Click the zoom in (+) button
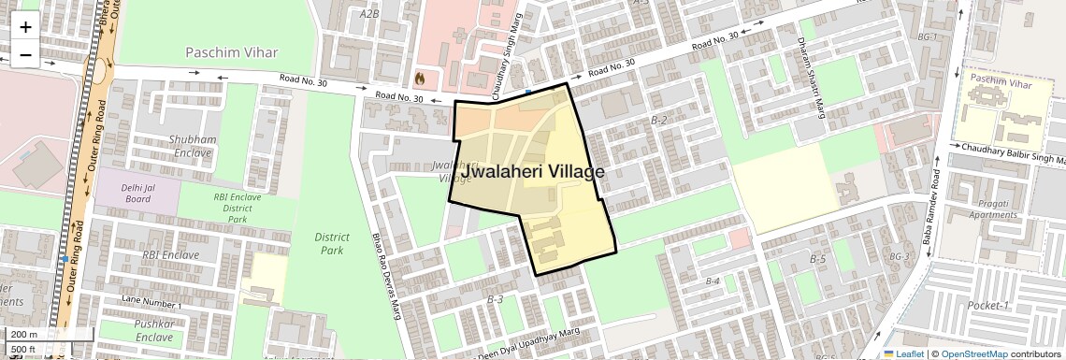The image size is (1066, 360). pos(25,27)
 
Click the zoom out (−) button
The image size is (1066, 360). pos(25,54)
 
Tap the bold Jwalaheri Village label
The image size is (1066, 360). pos(532,172)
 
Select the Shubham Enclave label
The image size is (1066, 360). pos(193,145)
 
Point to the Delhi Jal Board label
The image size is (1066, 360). pos(137,192)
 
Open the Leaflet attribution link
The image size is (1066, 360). pos(903,353)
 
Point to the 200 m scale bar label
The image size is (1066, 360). pos(24,335)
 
